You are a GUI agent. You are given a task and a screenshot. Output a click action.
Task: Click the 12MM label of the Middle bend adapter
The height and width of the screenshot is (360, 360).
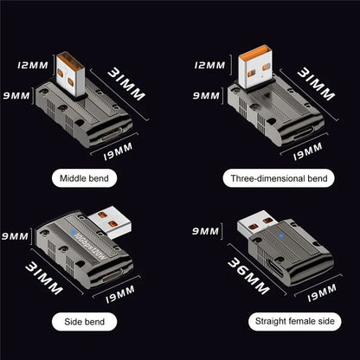click(32, 64)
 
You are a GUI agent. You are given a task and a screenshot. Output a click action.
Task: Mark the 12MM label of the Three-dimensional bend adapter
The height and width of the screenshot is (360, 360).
click(210, 64)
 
